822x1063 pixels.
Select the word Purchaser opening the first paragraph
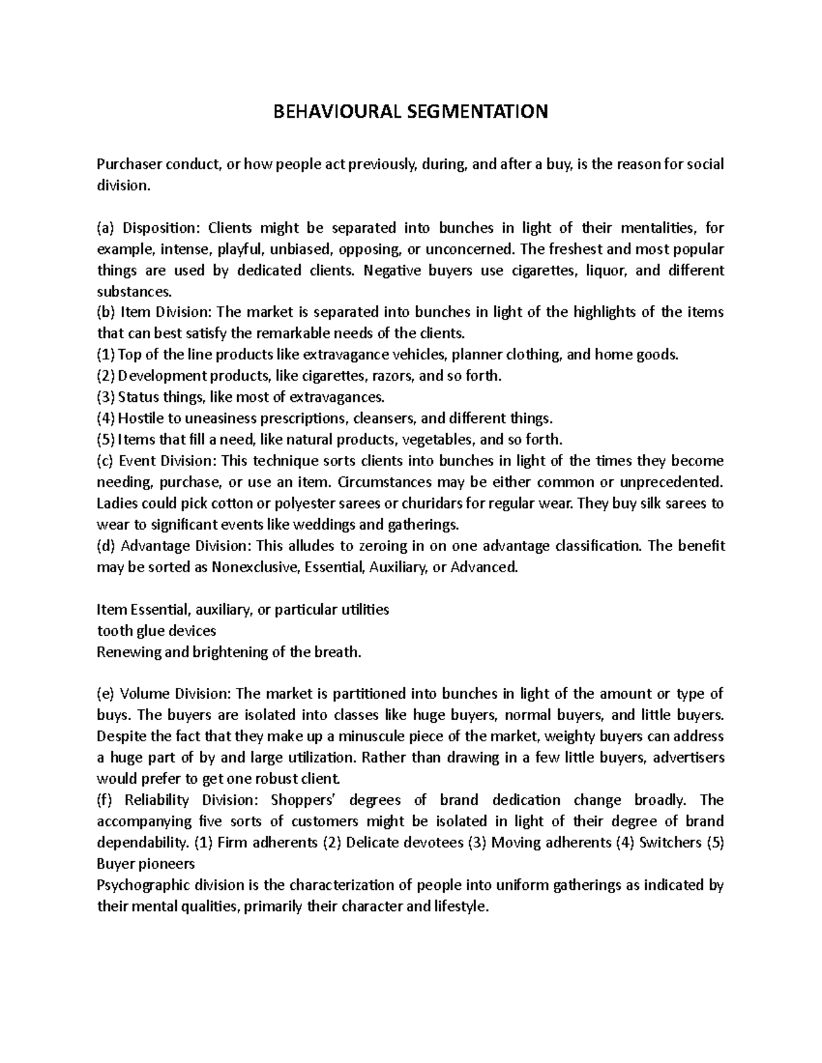tap(128, 164)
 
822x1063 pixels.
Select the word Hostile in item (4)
tap(141, 419)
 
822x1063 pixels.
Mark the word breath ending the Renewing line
tap(338, 652)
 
